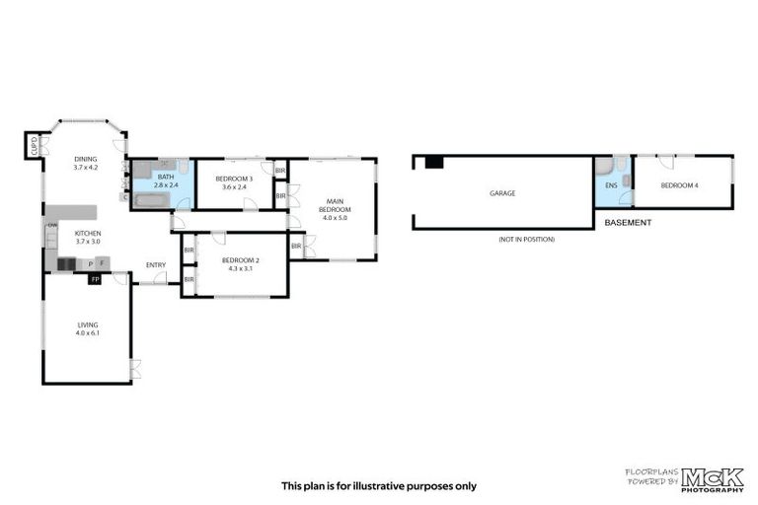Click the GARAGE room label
click(x=502, y=193)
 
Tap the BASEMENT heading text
click(x=628, y=223)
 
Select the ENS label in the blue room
click(x=611, y=185)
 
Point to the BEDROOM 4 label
click(x=680, y=185)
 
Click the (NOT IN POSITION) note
click(x=527, y=240)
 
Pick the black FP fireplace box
click(x=95, y=280)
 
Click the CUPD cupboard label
click(x=34, y=147)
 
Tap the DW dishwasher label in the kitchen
click(x=51, y=227)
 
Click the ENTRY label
click(x=156, y=264)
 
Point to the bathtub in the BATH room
click(x=153, y=201)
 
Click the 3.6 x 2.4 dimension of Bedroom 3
click(x=235, y=187)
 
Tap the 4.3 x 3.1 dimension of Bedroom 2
click(x=240, y=267)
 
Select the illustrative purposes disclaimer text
click(x=378, y=485)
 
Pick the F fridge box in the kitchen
click(x=102, y=263)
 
